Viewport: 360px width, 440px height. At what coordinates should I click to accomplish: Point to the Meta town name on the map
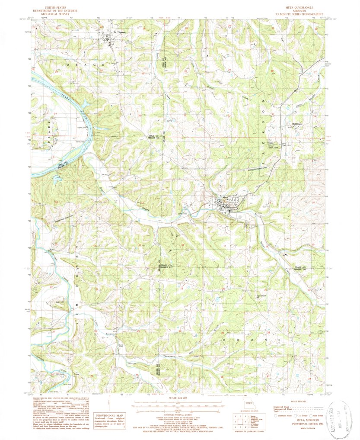coord(225,199)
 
